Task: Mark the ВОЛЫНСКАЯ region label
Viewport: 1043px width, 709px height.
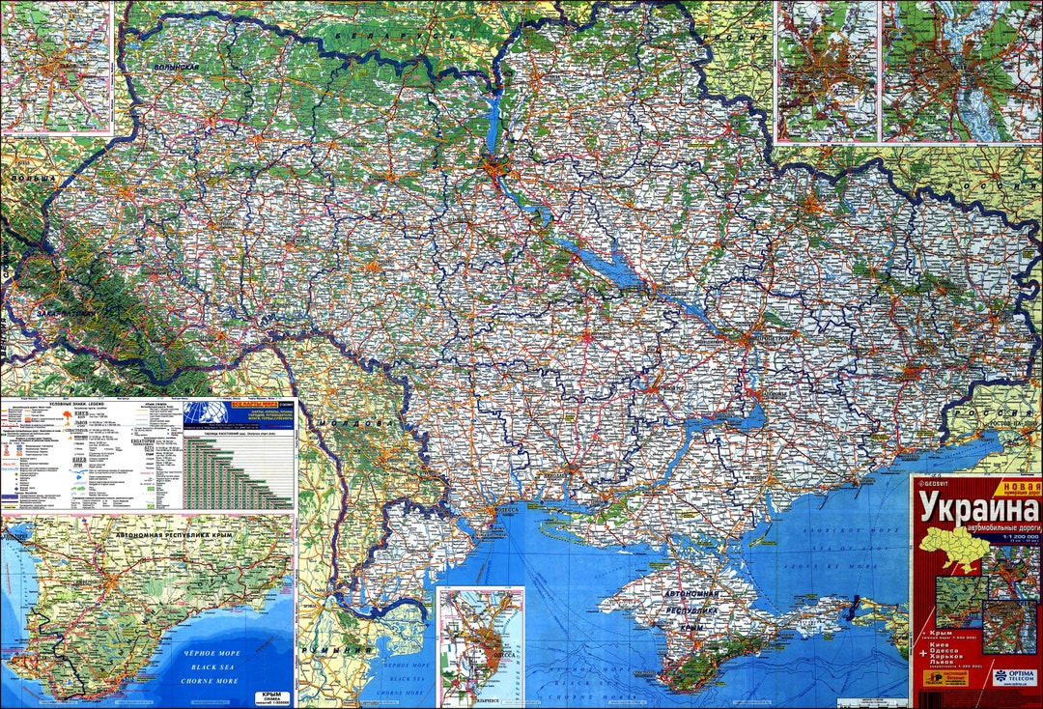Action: click(176, 66)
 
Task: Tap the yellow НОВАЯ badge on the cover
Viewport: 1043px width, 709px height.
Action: click(1021, 486)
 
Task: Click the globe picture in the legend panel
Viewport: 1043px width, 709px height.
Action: click(206, 412)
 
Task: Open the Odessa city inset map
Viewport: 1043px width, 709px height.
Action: click(480, 644)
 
